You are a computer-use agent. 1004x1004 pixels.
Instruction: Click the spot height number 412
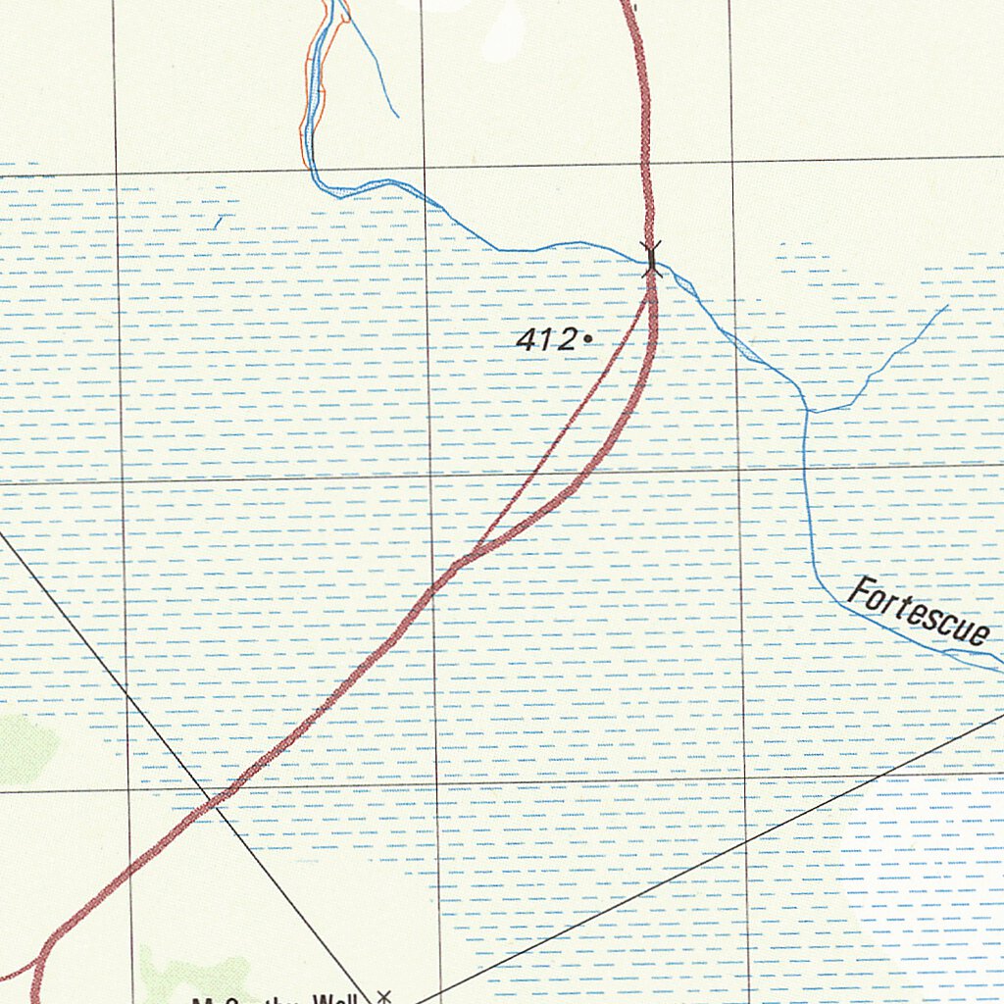(545, 339)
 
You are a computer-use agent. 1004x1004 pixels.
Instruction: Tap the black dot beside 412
(587, 339)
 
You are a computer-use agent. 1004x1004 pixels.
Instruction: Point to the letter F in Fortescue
(860, 591)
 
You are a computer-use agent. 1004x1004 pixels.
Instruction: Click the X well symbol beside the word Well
(384, 996)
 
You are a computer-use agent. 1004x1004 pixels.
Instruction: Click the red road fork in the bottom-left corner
(39, 962)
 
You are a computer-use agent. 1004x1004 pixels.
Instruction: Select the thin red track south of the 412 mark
(569, 422)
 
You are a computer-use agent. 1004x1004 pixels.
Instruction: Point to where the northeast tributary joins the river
(811, 411)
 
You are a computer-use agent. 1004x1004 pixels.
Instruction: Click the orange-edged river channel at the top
(309, 98)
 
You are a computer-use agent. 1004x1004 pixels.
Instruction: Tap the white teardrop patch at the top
(505, 25)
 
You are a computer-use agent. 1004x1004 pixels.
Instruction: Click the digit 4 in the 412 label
(526, 339)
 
